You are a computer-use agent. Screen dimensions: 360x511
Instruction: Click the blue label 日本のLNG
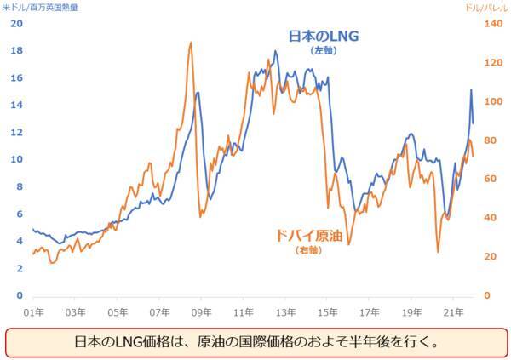[324, 37]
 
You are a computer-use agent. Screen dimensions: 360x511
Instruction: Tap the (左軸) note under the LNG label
[324, 51]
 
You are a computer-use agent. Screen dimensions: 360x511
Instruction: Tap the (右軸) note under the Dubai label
[307, 250]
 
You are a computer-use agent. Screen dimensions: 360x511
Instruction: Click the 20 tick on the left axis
[16, 23]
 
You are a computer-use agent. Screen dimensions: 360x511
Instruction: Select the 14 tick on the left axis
[16, 105]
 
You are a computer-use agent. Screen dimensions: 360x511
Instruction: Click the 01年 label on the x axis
[34, 312]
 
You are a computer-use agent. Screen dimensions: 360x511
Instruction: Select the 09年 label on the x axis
[202, 312]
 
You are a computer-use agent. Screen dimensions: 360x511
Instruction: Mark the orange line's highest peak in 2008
[190, 43]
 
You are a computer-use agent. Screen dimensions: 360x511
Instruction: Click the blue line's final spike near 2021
[471, 89]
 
